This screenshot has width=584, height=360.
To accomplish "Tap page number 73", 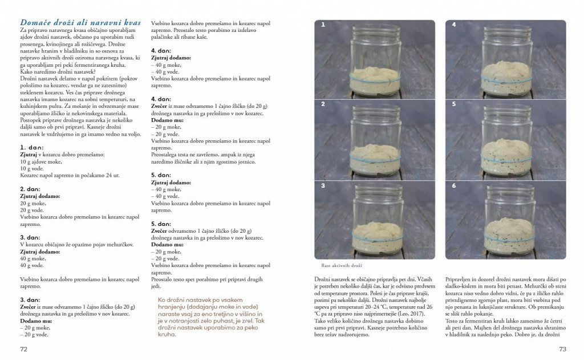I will [x=562, y=349].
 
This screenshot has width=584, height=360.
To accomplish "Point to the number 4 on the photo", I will [x=453, y=25].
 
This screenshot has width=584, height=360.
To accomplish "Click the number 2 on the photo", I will [x=323, y=104].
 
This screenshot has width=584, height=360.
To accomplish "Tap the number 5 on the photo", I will [x=453, y=104].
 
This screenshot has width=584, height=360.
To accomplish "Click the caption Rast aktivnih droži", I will [x=343, y=265].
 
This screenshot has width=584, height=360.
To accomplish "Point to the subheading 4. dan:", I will [x=161, y=51].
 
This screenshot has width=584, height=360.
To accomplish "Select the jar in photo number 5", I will [x=505, y=143].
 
